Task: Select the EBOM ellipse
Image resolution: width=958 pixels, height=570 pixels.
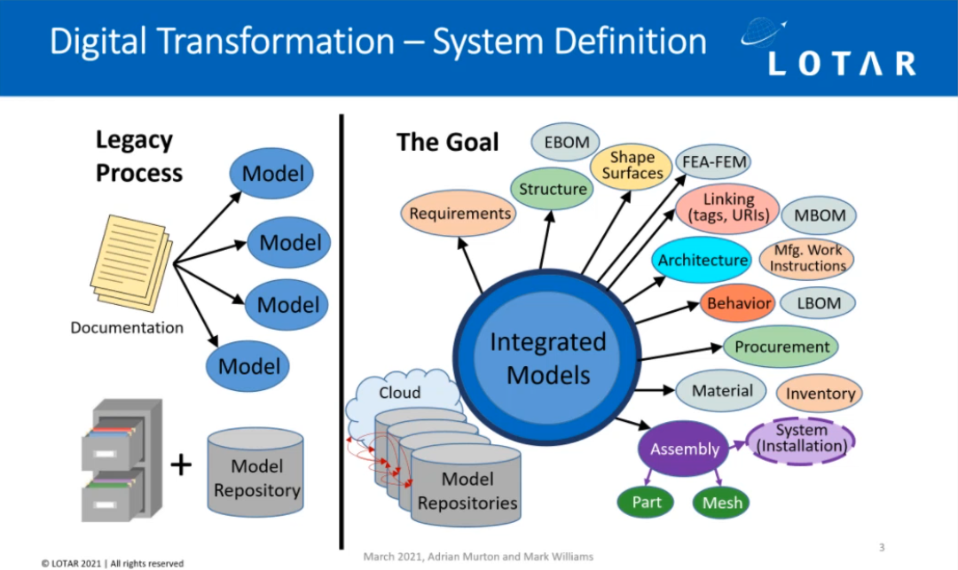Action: click(566, 142)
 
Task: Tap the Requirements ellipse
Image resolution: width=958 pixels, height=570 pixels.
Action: click(459, 214)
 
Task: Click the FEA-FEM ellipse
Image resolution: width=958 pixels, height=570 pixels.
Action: click(713, 162)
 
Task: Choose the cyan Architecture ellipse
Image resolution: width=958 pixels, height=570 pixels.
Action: click(703, 260)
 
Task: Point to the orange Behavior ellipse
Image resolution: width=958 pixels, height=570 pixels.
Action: click(738, 303)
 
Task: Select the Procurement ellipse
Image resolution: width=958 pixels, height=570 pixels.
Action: click(781, 347)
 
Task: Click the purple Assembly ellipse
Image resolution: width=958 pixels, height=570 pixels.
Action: click(684, 449)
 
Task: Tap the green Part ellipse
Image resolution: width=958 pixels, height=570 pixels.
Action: click(647, 503)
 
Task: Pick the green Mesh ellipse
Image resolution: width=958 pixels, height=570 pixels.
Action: click(722, 503)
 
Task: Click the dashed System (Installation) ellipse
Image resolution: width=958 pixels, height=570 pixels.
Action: click(801, 439)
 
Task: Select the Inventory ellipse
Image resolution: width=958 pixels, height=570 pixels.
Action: click(820, 394)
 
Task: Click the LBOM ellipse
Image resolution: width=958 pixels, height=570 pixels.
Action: click(819, 303)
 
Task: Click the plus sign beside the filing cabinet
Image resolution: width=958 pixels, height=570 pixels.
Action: click(180, 464)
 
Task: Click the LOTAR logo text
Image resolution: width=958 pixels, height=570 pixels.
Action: click(841, 63)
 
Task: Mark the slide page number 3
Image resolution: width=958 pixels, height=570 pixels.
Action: click(881, 547)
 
